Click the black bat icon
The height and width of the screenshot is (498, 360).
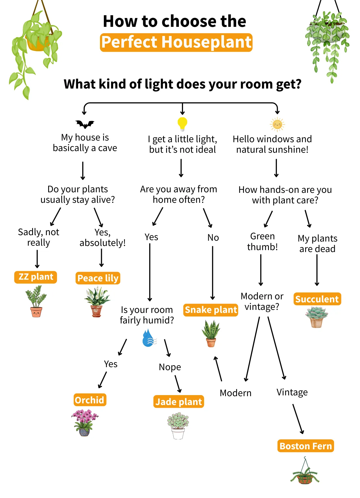[85, 124]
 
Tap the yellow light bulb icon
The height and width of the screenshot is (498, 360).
[182, 123]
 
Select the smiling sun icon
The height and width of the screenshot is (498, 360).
[277, 124]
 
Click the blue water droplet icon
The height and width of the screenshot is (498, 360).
[149, 338]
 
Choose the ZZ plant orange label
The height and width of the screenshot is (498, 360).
[35, 277]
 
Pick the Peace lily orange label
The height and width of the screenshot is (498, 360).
[98, 278]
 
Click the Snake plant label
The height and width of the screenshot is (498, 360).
[211, 310]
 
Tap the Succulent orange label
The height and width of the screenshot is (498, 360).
[317, 299]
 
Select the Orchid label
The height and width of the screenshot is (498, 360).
[90, 400]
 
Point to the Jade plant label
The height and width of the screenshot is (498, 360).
[179, 402]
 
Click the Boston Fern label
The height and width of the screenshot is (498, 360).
[306, 446]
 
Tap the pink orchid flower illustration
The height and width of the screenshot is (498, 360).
[84, 422]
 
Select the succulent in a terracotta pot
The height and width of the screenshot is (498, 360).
[317, 317]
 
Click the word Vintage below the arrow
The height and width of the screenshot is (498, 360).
[292, 392]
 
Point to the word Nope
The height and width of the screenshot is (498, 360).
[170, 367]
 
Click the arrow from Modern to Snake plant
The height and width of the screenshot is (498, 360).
[218, 369]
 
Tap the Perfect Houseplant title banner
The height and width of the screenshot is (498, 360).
[176, 42]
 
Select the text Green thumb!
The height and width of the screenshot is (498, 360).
[262, 242]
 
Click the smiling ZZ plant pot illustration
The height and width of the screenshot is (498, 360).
[36, 302]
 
